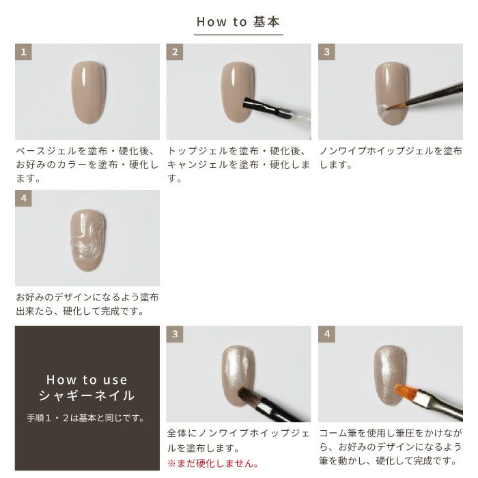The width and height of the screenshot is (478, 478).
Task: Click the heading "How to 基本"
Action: [238, 22]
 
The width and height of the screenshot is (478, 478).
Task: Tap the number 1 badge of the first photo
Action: [23, 52]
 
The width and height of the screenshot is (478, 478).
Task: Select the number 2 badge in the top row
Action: [175, 52]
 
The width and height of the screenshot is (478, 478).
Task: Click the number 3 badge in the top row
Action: [327, 52]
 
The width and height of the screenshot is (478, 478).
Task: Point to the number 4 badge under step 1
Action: [23, 198]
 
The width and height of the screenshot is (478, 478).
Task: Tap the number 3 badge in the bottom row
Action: [175, 334]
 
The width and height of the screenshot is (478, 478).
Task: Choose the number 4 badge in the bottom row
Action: [327, 334]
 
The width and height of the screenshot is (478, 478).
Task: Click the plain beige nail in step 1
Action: [88, 92]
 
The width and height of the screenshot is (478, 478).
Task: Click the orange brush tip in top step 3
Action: [394, 106]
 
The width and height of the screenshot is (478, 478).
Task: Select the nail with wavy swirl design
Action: [88, 240]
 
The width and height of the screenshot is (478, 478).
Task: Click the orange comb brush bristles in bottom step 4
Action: [405, 391]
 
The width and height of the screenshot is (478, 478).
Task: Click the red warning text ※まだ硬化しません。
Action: [213, 464]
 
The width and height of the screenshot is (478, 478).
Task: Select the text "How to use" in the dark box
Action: [87, 380]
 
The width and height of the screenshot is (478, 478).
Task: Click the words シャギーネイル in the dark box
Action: [87, 395]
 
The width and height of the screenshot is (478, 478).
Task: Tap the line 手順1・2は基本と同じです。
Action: [86, 418]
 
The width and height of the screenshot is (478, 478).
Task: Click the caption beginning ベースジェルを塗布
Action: [87, 165]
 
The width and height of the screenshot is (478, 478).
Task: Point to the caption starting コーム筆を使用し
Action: [391, 447]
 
